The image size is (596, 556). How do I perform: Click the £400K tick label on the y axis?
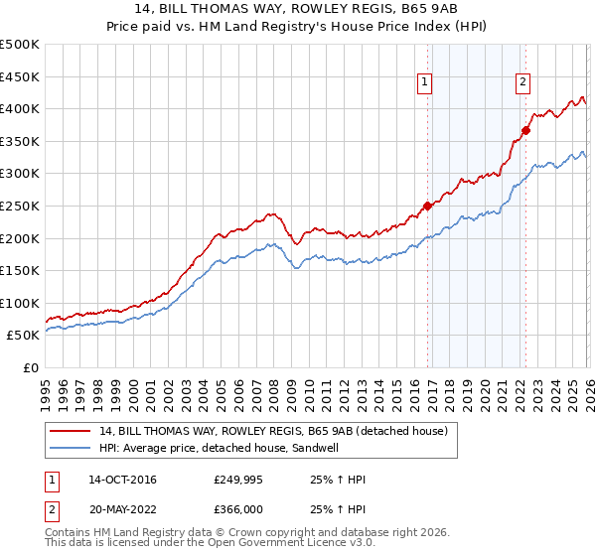[20, 109]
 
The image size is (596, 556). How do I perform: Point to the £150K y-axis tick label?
[20, 270]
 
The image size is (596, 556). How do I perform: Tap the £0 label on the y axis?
[30, 367]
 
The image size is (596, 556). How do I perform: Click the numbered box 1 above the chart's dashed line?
[424, 83]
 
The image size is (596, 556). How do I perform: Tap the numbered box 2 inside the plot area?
[522, 83]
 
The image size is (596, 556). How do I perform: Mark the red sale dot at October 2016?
[428, 207]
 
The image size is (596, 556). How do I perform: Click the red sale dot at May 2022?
[526, 130]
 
